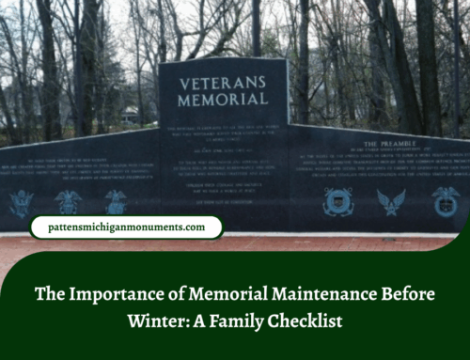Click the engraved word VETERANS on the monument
222,82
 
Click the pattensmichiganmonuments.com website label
125,227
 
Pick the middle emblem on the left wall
68,201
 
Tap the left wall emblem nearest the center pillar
116,201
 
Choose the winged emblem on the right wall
390,201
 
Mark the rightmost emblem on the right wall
445,200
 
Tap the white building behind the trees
129,115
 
